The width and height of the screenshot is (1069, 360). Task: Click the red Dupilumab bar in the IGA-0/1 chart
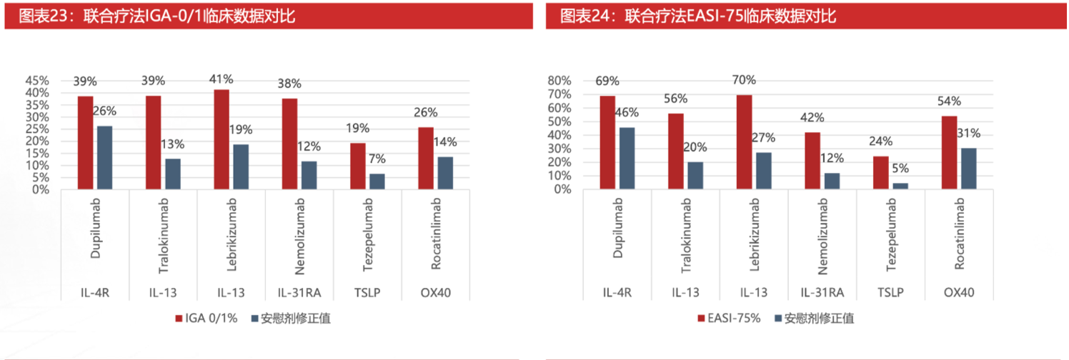point(85,143)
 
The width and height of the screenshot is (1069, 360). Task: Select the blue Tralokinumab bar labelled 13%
point(172,174)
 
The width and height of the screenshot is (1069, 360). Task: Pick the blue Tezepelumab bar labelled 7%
point(377,181)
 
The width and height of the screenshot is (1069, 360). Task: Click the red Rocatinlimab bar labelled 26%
point(426,159)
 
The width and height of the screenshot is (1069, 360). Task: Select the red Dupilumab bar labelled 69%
point(607,143)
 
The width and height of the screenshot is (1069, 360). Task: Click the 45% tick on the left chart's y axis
point(38,81)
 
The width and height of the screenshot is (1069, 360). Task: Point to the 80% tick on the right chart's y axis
point(559,81)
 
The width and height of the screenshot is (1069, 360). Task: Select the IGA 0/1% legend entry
point(207,318)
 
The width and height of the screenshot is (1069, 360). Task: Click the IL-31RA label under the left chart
point(299,293)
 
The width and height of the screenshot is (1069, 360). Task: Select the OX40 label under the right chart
point(959,293)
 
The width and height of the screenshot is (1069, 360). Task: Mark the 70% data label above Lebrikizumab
point(744,80)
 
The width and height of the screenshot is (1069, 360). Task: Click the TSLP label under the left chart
point(369,293)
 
